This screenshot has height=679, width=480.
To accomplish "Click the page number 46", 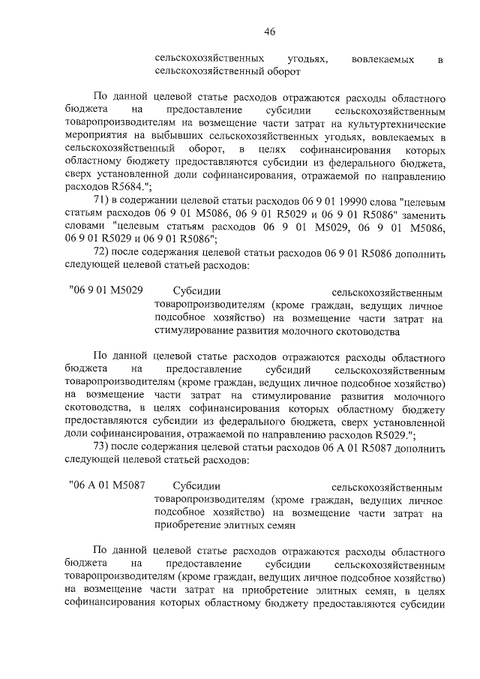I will click(270, 31).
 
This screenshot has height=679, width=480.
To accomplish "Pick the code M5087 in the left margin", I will click(124, 486).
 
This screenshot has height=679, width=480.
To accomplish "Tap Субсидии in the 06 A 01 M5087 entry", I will click(193, 486).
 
